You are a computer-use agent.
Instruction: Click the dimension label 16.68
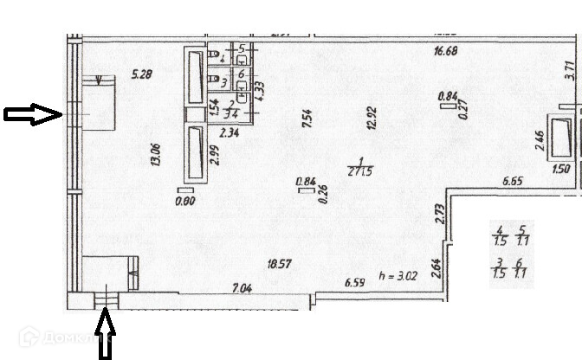[445, 52]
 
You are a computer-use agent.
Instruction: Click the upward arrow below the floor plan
[105, 335]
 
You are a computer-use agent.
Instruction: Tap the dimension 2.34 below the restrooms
[230, 132]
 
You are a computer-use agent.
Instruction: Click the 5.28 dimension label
[141, 74]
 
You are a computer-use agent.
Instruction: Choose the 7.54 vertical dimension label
[307, 119]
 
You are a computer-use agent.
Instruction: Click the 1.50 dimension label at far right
[560, 169]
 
